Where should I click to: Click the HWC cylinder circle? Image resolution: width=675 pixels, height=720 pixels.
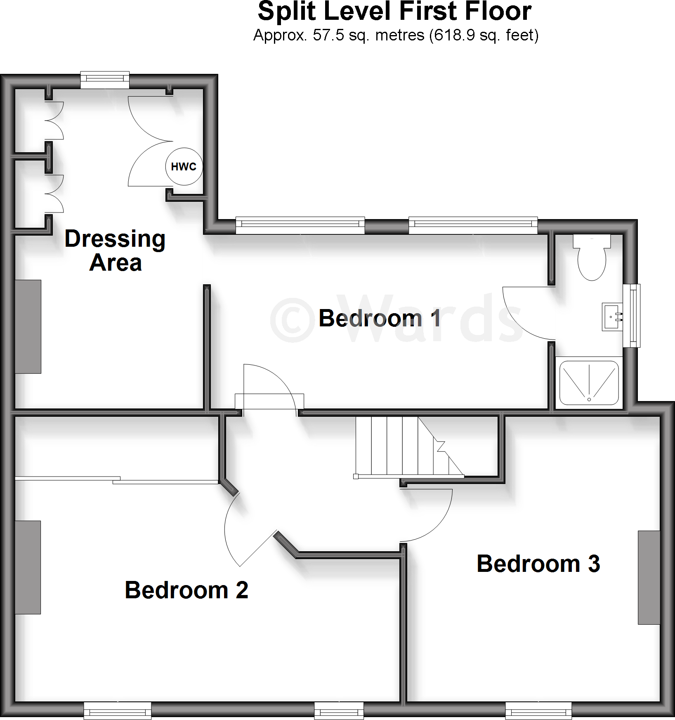click(x=184, y=167)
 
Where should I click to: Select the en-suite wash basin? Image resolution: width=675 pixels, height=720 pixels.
click(x=612, y=317)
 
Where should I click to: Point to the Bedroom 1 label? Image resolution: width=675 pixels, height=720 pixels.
click(x=380, y=319)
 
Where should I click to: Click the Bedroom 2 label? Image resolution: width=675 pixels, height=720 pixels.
click(x=186, y=590)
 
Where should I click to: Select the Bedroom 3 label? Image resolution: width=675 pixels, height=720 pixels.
click(x=538, y=564)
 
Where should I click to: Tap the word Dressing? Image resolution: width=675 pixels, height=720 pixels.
click(x=115, y=239)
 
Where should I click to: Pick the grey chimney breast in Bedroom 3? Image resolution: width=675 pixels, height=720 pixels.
click(x=649, y=577)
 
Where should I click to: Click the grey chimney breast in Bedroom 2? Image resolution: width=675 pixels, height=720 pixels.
click(x=28, y=567)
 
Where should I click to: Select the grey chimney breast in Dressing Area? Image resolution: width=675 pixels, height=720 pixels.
click(x=28, y=327)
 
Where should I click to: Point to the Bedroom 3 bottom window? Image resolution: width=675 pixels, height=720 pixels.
click(x=538, y=711)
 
